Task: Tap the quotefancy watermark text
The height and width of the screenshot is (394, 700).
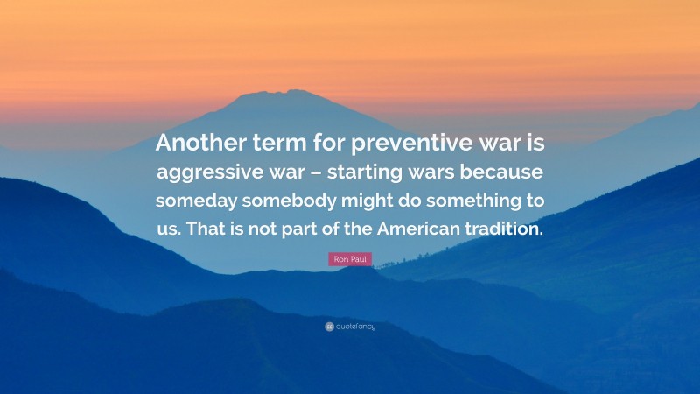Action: click(354, 327)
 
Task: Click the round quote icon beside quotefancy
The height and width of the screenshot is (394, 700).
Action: click(329, 327)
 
